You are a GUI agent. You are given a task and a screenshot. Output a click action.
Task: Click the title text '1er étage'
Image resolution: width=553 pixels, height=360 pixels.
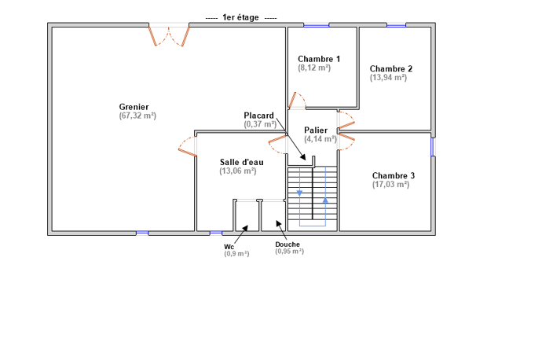click(240, 17)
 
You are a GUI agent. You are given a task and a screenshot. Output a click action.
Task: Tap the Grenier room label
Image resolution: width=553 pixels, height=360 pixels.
click(134, 107)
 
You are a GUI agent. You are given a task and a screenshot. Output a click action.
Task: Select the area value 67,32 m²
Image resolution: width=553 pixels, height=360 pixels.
click(137, 116)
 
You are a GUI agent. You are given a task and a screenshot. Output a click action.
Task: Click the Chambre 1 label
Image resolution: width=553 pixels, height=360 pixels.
click(319, 59)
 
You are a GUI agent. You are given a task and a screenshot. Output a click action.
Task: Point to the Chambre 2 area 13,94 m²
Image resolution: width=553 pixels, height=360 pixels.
click(388, 77)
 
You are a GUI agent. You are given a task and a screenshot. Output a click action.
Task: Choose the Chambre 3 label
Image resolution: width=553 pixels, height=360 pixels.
click(394, 175)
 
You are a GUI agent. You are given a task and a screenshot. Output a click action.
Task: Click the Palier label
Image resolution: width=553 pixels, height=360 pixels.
click(316, 130)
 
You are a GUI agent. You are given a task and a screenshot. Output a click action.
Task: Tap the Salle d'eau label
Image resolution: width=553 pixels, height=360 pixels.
click(242, 162)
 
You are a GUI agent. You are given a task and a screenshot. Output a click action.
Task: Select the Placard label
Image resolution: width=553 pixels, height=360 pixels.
click(258, 116)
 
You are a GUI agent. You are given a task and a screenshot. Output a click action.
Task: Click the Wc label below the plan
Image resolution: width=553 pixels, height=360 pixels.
click(229, 247)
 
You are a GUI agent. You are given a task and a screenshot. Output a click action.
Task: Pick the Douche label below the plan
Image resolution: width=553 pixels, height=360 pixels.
click(287, 244)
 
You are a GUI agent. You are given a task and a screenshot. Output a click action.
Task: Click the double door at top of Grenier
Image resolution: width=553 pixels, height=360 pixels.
click(169, 35)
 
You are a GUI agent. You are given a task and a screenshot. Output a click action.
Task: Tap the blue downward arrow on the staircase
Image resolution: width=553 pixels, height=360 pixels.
click(299, 193)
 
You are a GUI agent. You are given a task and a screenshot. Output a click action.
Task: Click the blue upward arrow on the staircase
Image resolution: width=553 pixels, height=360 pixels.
click(325, 200)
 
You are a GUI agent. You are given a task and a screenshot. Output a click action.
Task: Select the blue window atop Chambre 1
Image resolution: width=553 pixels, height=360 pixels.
click(316, 25)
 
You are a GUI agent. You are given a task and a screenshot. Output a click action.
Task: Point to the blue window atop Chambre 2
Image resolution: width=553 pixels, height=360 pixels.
click(396, 25)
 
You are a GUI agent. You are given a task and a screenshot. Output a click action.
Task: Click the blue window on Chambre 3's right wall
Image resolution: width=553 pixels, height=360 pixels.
click(432, 147)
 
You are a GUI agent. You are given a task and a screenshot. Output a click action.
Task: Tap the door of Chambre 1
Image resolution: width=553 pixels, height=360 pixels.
click(297, 100)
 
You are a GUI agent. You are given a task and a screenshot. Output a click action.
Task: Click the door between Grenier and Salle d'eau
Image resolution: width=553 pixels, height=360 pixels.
click(187, 146)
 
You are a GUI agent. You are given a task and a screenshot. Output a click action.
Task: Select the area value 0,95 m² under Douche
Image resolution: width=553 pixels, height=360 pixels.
click(290, 252)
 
